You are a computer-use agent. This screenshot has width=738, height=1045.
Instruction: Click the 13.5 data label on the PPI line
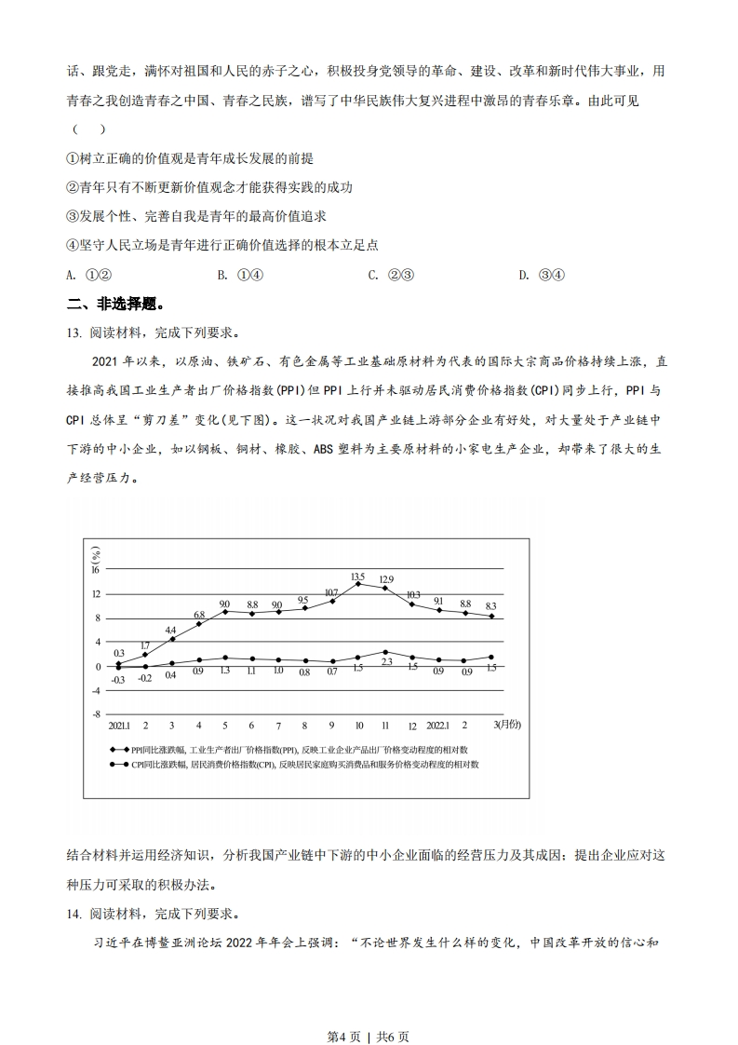tap(358, 577)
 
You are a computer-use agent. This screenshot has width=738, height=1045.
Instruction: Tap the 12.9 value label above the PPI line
tap(386, 579)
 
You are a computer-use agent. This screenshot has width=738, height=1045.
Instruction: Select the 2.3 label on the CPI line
tap(386, 661)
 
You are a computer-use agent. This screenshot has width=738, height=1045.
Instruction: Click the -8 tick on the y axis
tap(96, 713)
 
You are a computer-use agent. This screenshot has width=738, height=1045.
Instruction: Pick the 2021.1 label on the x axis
tap(118, 726)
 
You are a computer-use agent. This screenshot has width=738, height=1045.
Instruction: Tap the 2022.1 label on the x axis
tap(438, 726)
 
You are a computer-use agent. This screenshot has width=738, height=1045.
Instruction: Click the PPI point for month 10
tap(358, 583)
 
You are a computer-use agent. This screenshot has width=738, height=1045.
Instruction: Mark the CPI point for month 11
tap(385, 652)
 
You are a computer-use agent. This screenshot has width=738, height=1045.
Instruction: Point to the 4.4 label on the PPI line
tap(170, 631)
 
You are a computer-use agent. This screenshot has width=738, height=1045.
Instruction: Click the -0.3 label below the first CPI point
tap(118, 680)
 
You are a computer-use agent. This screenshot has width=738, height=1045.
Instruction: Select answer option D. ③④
tap(542, 274)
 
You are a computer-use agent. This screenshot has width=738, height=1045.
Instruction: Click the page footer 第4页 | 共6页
tap(369, 1010)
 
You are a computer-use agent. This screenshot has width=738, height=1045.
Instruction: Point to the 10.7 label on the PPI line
tap(331, 593)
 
